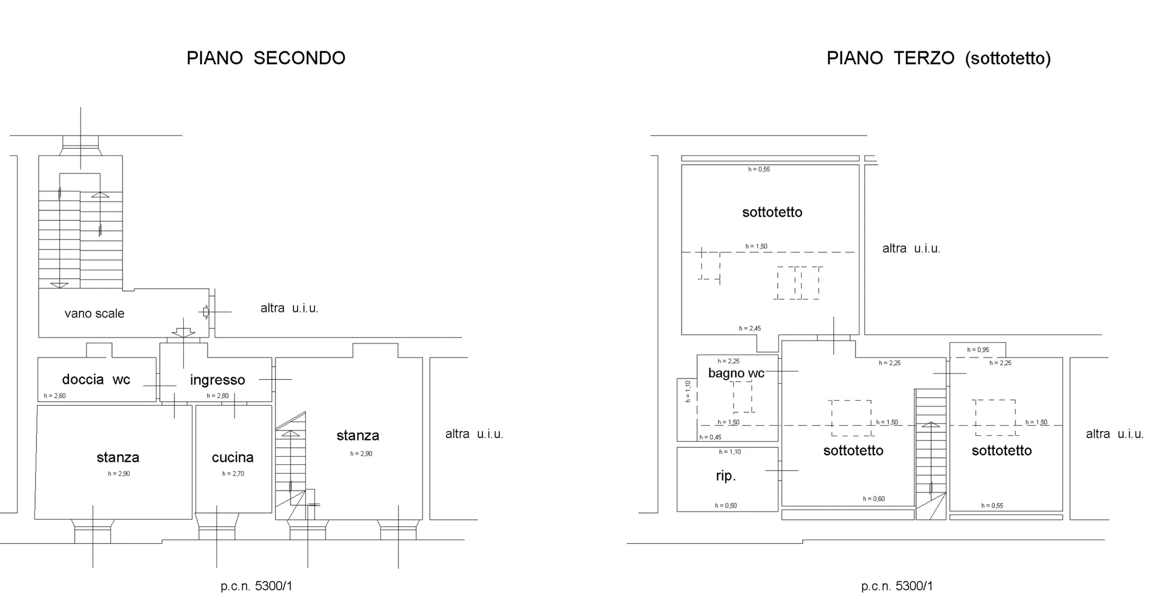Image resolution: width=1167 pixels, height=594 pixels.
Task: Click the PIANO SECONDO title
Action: (x=266, y=58)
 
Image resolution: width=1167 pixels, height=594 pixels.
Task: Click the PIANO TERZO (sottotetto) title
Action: (x=938, y=58)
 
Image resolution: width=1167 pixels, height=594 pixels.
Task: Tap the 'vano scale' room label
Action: (x=95, y=314)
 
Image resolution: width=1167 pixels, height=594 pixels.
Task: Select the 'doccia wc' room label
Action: (x=96, y=380)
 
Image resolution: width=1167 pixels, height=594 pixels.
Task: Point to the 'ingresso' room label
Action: (x=217, y=380)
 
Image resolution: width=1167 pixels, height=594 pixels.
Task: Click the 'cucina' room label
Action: (x=233, y=457)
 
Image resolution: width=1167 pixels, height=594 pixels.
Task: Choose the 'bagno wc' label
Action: (x=736, y=373)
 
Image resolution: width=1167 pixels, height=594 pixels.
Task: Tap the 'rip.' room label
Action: (x=726, y=476)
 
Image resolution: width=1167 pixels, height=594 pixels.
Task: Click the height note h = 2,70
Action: (x=233, y=474)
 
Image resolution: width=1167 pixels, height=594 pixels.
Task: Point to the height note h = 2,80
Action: (x=218, y=396)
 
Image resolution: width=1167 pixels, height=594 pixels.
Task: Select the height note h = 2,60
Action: (x=55, y=396)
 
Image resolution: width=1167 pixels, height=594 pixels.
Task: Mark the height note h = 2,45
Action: (x=750, y=328)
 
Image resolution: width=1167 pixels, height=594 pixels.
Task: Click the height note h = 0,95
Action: (x=978, y=350)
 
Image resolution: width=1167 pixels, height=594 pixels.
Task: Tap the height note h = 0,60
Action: (x=874, y=499)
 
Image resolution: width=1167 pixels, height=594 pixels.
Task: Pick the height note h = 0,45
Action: (x=711, y=437)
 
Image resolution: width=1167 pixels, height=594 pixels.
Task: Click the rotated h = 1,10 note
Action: (x=688, y=391)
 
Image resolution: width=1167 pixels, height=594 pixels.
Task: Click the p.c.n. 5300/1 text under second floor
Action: (x=256, y=586)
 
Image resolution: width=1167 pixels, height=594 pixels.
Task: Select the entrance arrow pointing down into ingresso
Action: (x=183, y=332)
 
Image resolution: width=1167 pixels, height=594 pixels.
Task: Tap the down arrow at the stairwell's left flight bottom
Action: (x=60, y=286)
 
